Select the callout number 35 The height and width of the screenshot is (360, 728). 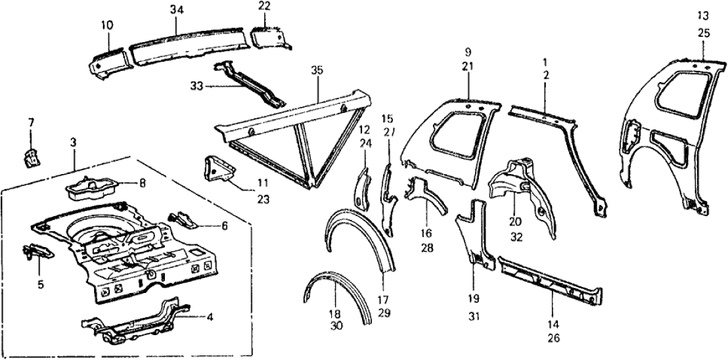point(318,68)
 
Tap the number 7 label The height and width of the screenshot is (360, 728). point(29,124)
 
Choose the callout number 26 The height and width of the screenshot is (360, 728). point(553,339)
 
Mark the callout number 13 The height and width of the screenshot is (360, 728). point(702,16)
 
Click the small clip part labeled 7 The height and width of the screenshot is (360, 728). point(30,158)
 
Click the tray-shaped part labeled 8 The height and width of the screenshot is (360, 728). point(90,187)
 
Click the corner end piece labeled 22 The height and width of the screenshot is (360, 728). point(270,37)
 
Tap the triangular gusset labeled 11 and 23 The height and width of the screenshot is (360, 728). point(216,169)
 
